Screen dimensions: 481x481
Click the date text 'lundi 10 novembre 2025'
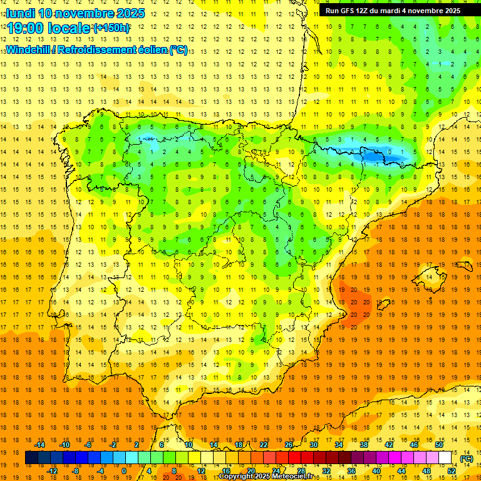[75, 13]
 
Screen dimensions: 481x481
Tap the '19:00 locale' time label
[49, 28]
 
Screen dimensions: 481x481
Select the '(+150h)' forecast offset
[111, 28]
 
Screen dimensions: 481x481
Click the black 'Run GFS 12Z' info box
[393, 10]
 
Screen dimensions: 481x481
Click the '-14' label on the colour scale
[40, 445]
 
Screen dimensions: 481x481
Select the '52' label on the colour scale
[452, 471]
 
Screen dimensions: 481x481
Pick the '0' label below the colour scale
[123, 471]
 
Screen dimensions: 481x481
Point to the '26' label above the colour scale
[289, 445]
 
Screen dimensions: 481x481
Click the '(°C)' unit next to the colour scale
[466, 458]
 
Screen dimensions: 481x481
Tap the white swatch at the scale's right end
[445, 458]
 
